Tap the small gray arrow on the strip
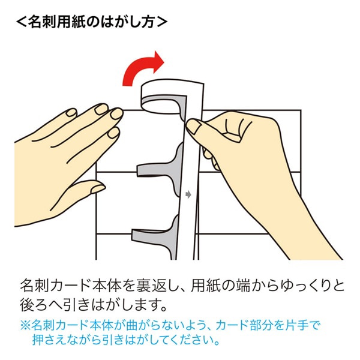click(x=188, y=194)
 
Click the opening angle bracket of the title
click(x=22, y=22)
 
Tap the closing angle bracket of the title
click(x=162, y=22)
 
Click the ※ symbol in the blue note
click(x=25, y=326)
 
